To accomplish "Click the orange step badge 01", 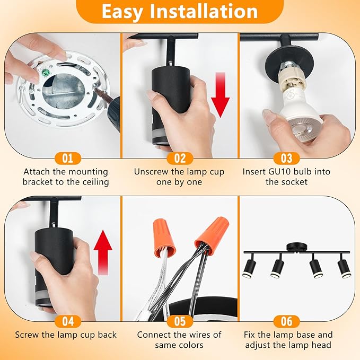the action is (68, 159).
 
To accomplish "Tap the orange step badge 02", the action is (180, 159).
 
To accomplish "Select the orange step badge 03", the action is (286, 159).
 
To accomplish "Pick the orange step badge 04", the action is (68, 321).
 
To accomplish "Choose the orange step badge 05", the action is (180, 321).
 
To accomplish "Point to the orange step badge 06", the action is (286, 321).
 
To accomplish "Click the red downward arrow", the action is (221, 95).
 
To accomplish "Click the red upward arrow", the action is (103, 252).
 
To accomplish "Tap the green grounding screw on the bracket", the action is (44, 74).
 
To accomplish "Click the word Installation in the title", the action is (204, 12).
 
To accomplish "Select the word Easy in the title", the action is (122, 12).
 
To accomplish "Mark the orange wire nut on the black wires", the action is (213, 236).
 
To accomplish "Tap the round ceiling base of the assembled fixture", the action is (296, 248).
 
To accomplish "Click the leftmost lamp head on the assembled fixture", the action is (249, 266).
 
